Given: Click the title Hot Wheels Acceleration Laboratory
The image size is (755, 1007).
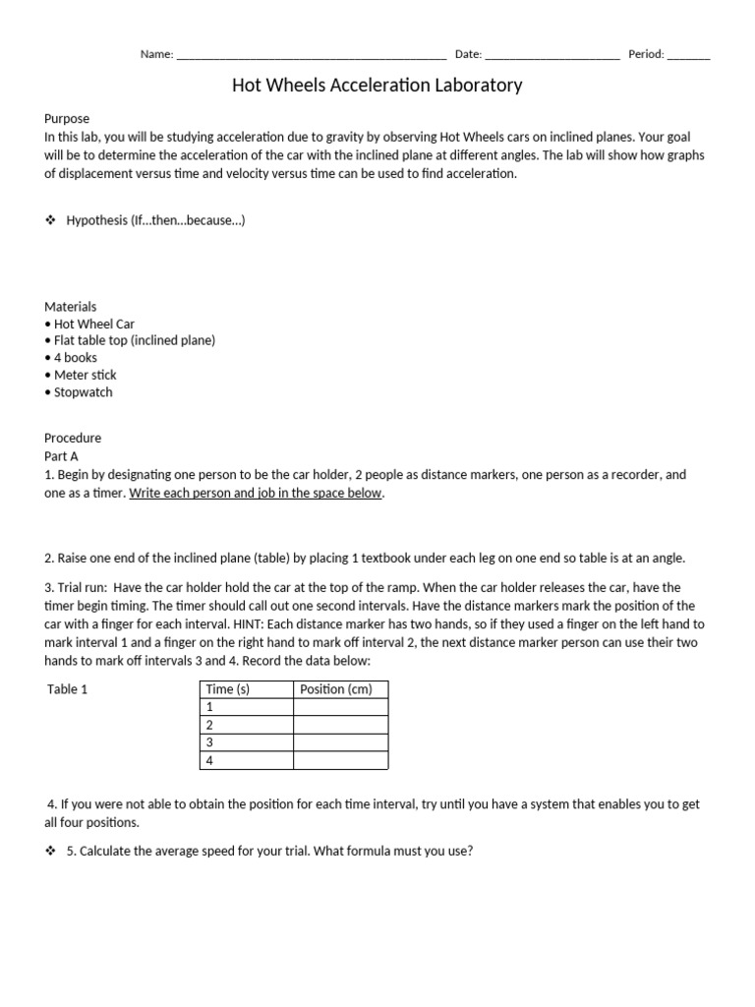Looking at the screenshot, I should point(377,86).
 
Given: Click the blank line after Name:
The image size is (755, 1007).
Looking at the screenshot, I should point(311,56).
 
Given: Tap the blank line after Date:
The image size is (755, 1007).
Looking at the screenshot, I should point(552,56).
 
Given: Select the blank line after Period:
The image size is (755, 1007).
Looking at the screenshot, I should point(688,56).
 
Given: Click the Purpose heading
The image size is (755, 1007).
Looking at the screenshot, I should point(67,118).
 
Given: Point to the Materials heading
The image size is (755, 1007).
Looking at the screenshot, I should point(71,307).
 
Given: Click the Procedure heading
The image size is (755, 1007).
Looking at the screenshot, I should point(73,438).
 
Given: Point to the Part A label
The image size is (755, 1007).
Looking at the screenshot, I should point(62,455).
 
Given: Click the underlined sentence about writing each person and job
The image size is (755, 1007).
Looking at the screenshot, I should point(256,493).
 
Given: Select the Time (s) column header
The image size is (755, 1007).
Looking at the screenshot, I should point(228,689).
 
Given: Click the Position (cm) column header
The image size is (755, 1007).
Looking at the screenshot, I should point(336,689).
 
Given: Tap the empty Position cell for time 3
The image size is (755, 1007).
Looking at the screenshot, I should point(340,742).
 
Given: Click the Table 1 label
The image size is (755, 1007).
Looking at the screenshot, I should point(68,689).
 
